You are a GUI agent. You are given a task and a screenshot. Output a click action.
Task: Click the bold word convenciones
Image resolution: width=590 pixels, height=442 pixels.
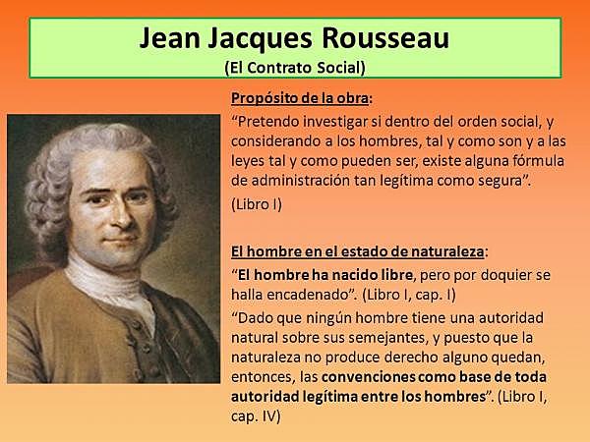coord(378,376)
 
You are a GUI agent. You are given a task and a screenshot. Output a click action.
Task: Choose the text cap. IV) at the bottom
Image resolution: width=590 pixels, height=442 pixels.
coord(257,415)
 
